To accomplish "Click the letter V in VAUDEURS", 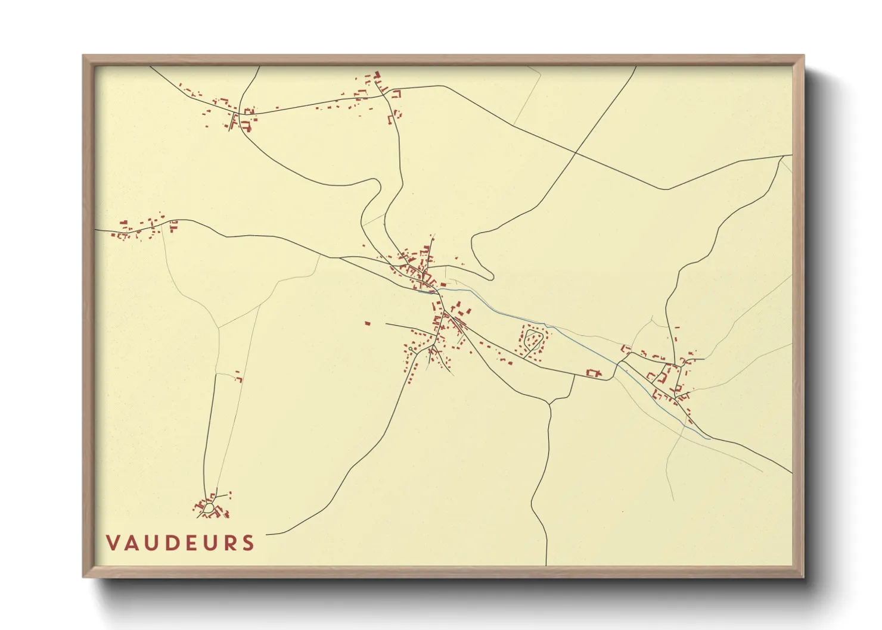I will coord(113,543).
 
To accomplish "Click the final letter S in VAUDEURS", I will coord(249,543).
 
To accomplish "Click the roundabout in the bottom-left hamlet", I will coord(208,508).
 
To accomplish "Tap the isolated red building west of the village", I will coord(368,323).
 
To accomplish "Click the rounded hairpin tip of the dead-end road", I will coord(491,276).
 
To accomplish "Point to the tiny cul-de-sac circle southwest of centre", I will coord(411,349).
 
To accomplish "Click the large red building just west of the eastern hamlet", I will coord(593,373).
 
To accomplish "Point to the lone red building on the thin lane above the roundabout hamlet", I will coord(239,378).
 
